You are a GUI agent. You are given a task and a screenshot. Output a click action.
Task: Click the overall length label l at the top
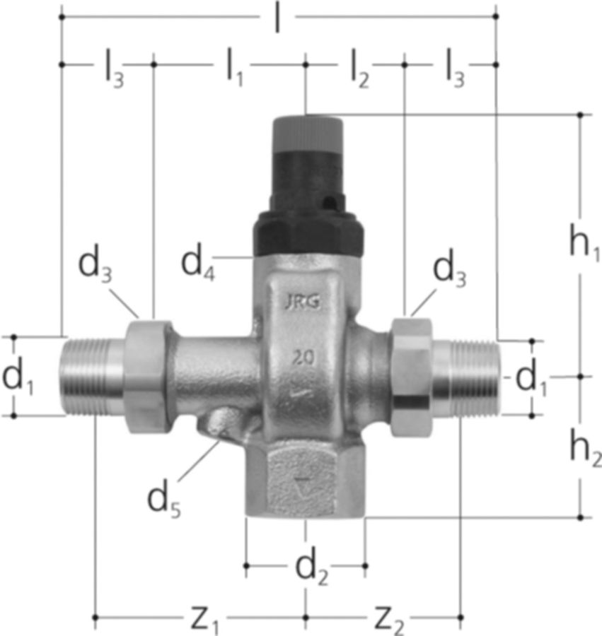pos(277,18)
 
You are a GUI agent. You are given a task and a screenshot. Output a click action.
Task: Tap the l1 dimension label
pos(235,67)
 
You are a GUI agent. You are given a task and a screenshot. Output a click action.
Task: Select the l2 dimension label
pos(359,68)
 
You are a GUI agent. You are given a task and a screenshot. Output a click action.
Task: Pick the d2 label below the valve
pos(312,569)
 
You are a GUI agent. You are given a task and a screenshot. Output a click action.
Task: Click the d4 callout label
pos(197,264)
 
